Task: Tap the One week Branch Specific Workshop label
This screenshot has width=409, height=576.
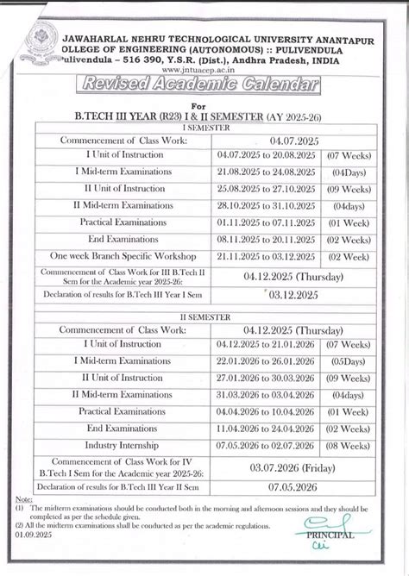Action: click(x=123, y=256)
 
